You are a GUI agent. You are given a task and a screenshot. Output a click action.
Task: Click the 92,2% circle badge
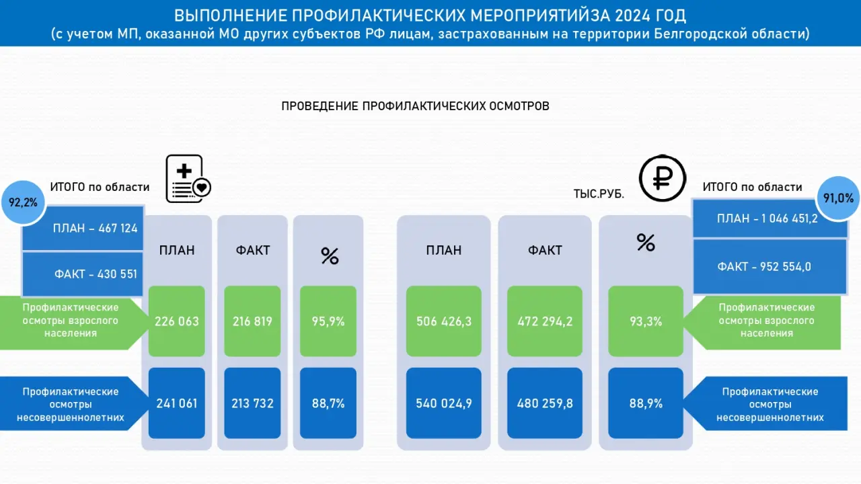pyautogui.click(x=24, y=201)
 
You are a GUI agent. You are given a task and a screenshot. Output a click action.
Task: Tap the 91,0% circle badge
pyautogui.click(x=837, y=198)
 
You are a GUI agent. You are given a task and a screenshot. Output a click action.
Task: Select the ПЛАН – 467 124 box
pyautogui.click(x=83, y=228)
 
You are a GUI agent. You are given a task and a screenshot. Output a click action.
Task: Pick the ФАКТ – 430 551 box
pyautogui.click(x=83, y=274)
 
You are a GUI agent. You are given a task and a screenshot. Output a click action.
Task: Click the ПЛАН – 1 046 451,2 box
pyautogui.click(x=770, y=218)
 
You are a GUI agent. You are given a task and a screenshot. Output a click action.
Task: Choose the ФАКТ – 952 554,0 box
pyautogui.click(x=770, y=267)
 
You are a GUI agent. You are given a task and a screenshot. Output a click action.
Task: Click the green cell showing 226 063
pyautogui.click(x=177, y=321)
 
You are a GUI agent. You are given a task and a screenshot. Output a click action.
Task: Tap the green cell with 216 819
pyautogui.click(x=253, y=321)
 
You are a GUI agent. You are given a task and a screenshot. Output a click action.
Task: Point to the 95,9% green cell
pyautogui.click(x=328, y=321)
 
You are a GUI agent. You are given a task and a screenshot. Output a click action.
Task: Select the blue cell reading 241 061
pyautogui.click(x=177, y=403)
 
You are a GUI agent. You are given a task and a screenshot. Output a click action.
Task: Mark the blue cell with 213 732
pyautogui.click(x=253, y=403)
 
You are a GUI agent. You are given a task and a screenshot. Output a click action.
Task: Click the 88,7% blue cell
pyautogui.click(x=328, y=403)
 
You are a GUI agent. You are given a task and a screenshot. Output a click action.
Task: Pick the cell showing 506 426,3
pyautogui.click(x=444, y=321)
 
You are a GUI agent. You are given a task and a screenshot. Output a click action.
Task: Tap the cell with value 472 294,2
pyautogui.click(x=545, y=321)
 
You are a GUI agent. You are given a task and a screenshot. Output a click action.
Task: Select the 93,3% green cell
pyautogui.click(x=646, y=321)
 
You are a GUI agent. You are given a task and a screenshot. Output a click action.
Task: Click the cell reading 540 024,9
pyautogui.click(x=444, y=403)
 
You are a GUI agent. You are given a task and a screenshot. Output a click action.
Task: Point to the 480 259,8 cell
pyautogui.click(x=545, y=403)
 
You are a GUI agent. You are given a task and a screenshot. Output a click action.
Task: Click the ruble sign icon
pyautogui.click(x=662, y=179)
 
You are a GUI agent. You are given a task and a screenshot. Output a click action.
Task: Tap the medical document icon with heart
pyautogui.click(x=187, y=179)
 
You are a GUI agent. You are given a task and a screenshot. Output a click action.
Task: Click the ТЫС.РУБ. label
pyautogui.click(x=599, y=194)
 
